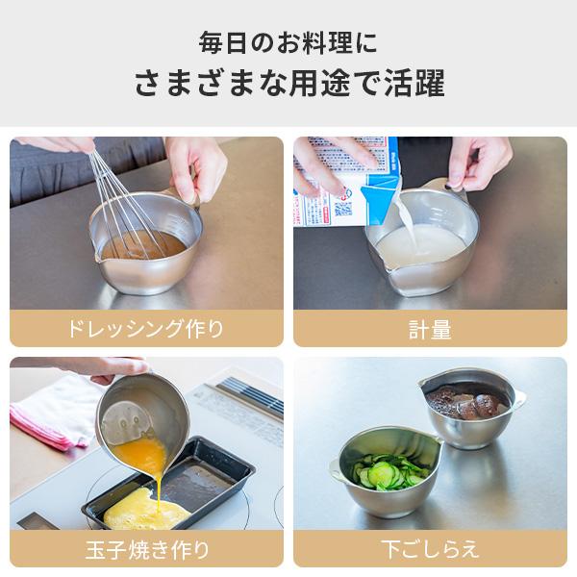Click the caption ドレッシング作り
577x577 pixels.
point(146,329)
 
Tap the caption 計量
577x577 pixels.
point(430,329)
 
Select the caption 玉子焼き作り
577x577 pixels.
point(147,549)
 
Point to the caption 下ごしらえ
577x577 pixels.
point(430,549)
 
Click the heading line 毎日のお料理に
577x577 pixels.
point(288,43)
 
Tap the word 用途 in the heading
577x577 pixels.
point(318,83)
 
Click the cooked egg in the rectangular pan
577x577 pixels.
point(147,510)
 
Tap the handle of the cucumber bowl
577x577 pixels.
point(336,470)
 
